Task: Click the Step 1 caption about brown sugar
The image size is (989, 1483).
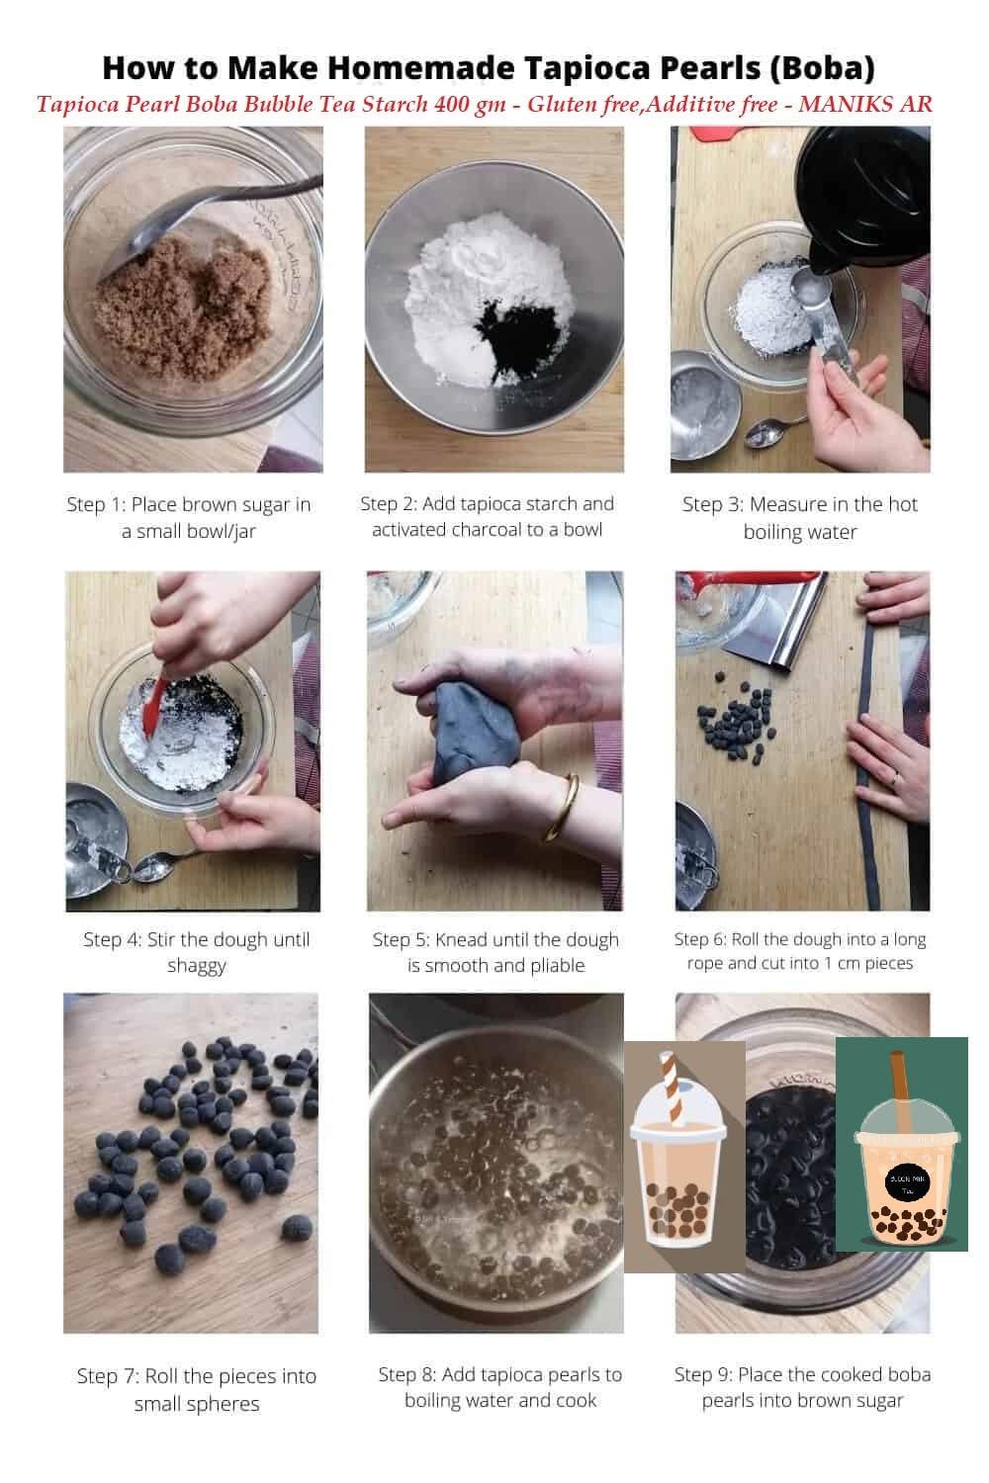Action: (189, 517)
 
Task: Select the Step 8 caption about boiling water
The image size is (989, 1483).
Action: (499, 1387)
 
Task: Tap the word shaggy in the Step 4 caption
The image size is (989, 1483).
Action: (196, 966)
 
